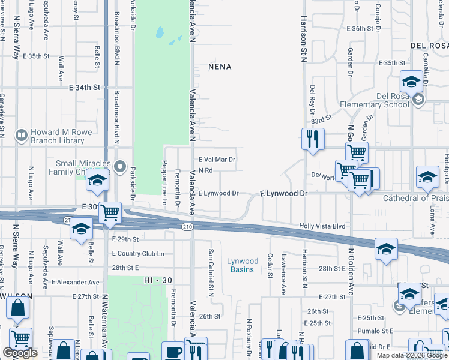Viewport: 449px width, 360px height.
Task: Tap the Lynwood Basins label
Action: (x=243, y=265)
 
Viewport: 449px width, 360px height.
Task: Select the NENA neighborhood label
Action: (x=220, y=67)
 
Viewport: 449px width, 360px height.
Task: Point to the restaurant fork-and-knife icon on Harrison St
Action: (x=312, y=139)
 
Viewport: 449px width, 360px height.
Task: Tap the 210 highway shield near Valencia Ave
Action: (x=187, y=226)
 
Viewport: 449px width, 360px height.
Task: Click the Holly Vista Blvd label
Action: (x=323, y=226)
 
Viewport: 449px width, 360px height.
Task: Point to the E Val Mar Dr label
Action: (x=217, y=160)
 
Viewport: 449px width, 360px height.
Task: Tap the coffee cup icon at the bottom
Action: (x=174, y=352)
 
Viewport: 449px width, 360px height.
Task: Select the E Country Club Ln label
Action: (x=138, y=254)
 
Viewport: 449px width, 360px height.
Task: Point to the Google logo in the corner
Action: (x=20, y=353)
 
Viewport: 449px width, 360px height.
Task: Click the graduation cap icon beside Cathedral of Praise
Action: (x=427, y=177)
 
